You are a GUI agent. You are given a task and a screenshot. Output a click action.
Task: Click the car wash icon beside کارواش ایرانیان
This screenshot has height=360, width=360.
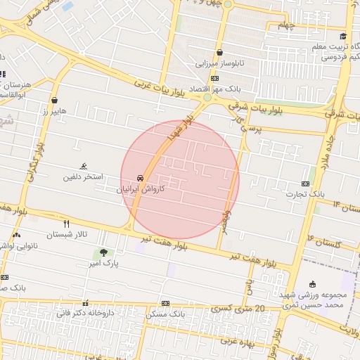coord(141,178)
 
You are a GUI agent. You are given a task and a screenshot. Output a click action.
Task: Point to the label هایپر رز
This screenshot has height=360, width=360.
coord(53,111)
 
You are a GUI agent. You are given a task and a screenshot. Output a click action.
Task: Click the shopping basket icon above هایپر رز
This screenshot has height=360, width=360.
coord(55,100)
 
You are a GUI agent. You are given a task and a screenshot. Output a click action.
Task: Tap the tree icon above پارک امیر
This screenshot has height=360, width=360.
coord(104,252)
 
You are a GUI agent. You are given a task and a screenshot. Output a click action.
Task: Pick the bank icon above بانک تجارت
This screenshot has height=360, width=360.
coord(305,183)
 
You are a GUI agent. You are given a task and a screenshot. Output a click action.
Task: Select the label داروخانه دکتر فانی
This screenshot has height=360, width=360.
coord(85,311)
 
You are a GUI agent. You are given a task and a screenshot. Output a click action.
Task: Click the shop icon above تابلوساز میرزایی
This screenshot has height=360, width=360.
coord(219,52)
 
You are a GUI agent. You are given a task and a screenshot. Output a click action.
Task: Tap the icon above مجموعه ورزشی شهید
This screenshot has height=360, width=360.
coord(312,284)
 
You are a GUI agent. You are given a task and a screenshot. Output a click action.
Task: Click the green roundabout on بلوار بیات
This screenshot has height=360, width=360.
coord(207,98)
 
